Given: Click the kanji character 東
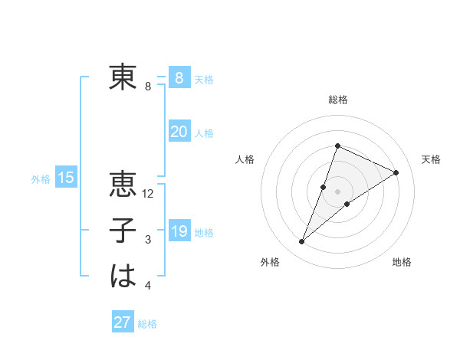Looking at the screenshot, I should coord(123,77).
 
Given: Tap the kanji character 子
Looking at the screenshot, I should coord(123,231).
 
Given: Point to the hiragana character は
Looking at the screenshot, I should coord(123,276).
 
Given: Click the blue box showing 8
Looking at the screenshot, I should coord(179,77).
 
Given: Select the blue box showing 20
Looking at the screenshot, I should coord(179,132).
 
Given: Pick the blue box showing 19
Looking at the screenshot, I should coord(179,231).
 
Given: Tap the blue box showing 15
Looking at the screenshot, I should coord(65,178).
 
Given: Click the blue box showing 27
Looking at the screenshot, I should coord(123,322).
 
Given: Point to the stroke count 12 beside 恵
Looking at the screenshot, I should coord(149,195).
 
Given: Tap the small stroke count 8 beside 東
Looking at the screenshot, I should coord(148,87).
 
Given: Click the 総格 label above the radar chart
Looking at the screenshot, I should coord(337,100).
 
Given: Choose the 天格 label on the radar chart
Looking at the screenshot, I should coord(431,159).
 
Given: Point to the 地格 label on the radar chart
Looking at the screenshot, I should coord(402,263).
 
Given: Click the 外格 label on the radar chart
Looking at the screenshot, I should coord(270,263).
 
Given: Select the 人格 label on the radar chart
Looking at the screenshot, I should coord(245,159).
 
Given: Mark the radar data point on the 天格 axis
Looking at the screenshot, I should coord(396,173).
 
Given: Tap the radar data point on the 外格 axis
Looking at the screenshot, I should coord(302,242).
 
